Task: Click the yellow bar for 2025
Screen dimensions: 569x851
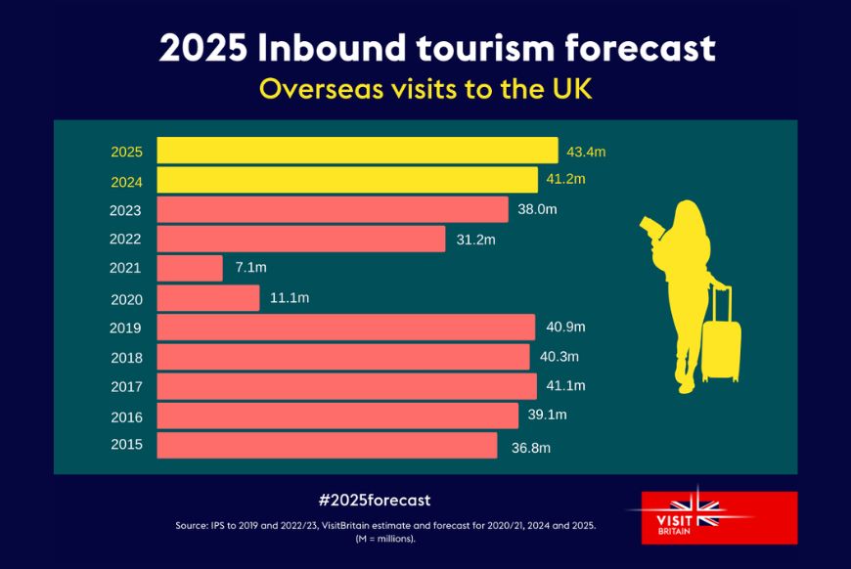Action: [x=357, y=151]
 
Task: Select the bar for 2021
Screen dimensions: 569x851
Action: [x=190, y=268]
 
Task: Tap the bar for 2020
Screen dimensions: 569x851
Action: [x=208, y=297]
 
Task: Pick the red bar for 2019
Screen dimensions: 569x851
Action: [x=346, y=327]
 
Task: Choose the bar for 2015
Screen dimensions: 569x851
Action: [x=327, y=446]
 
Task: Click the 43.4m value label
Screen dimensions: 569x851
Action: [x=586, y=152]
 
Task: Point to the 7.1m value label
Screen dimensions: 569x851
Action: [x=250, y=268]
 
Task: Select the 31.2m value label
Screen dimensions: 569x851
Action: [x=476, y=240]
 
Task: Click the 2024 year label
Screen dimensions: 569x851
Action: [x=126, y=180]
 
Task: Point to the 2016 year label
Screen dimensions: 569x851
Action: [x=126, y=416]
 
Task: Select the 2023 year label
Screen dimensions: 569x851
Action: [x=126, y=210]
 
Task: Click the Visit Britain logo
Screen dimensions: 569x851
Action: [x=711, y=516]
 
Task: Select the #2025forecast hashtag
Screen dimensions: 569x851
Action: [x=375, y=500]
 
